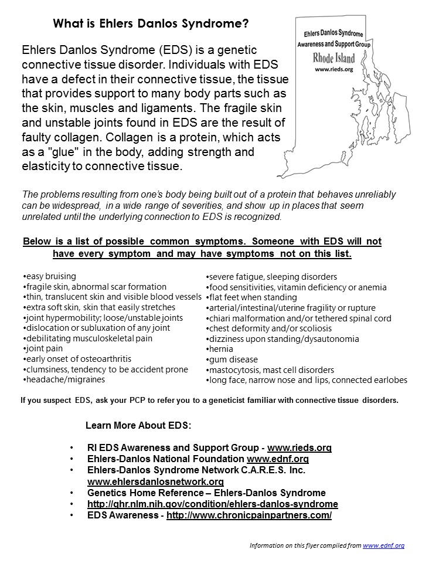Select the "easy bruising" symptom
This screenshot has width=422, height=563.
click(x=51, y=276)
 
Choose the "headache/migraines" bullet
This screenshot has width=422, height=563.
click(x=65, y=379)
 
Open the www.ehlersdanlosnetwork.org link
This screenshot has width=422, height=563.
click(x=155, y=482)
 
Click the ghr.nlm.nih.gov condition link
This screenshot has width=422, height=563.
click(x=212, y=504)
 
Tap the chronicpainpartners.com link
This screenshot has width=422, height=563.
click(x=249, y=515)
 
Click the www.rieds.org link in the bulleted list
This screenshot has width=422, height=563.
click(x=300, y=448)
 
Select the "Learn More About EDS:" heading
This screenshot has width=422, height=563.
click(x=138, y=425)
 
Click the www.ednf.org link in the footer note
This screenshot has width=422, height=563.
click(x=383, y=545)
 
